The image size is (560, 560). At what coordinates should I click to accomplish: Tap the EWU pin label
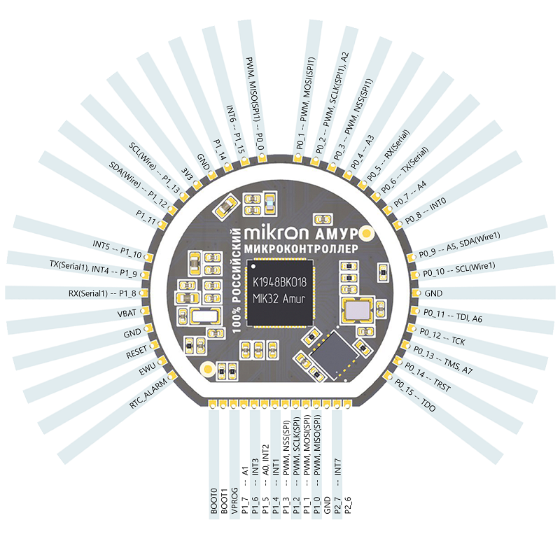point(147,372)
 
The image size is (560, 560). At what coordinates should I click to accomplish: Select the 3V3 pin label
point(187,174)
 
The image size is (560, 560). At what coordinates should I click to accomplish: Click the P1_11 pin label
point(146,220)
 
